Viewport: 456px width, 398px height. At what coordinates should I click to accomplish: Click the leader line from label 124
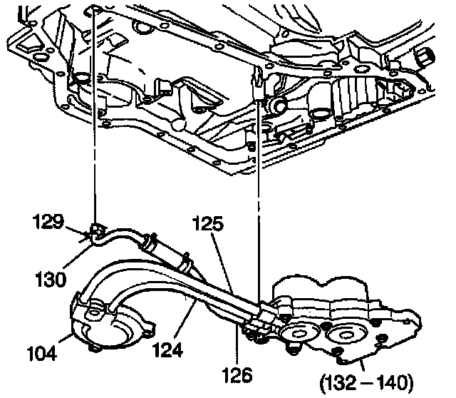pyautogui.click(x=185, y=321)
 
